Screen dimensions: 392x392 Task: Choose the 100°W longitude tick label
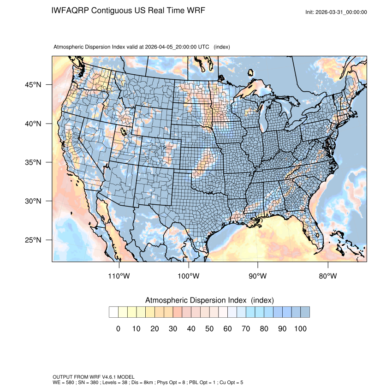[x=189, y=276]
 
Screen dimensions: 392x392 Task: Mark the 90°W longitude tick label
[x=258, y=276]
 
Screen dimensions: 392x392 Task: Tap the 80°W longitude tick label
[x=327, y=276]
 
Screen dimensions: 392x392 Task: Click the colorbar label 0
[x=118, y=329]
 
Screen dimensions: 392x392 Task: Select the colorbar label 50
[x=209, y=329]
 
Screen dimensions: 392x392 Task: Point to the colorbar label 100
[x=300, y=329]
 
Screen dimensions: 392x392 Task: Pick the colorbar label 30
[x=173, y=329]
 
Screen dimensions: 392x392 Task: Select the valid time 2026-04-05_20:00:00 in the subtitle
[x=177, y=47]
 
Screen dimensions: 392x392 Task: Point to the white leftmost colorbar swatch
[x=113, y=312]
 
